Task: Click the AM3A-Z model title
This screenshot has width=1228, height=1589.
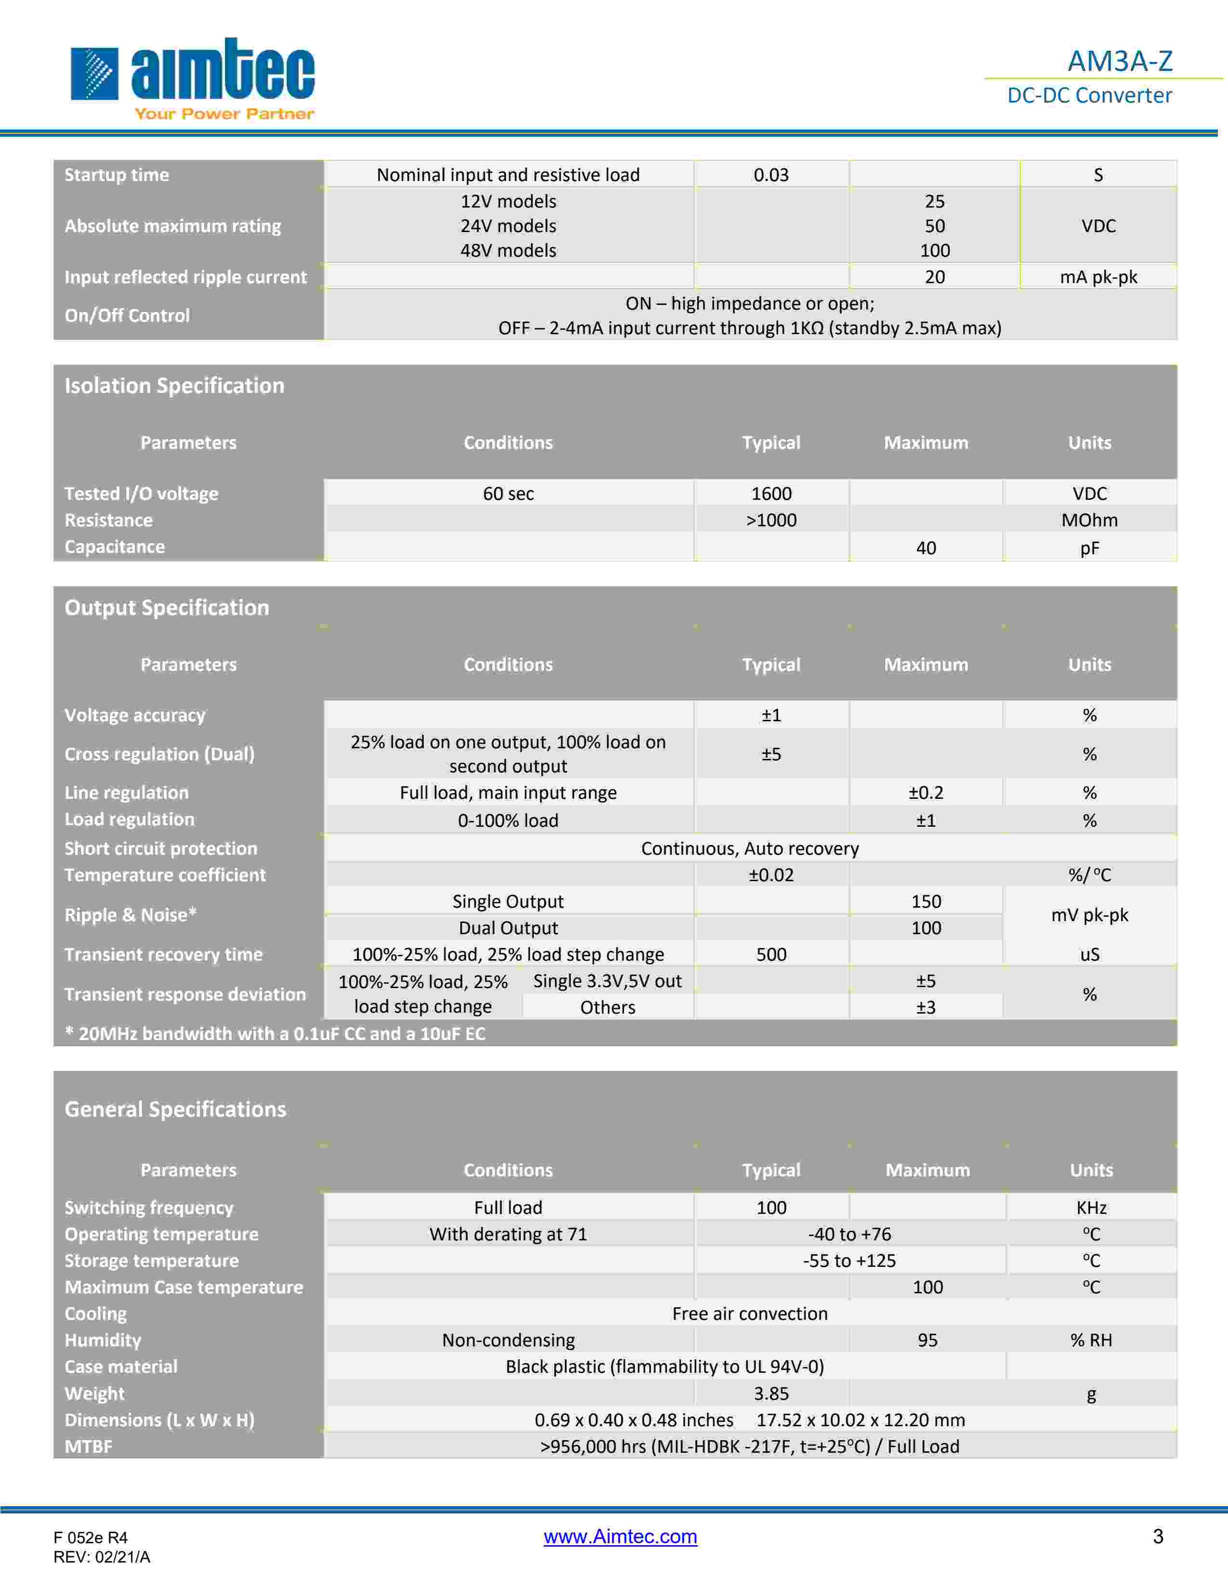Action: tap(1120, 61)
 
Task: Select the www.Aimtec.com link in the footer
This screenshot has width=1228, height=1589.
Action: tap(620, 1536)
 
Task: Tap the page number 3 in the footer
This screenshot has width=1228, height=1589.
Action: tap(1157, 1536)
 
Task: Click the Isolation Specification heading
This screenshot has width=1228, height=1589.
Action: tap(175, 386)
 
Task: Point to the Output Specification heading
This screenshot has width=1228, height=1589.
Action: tap(167, 608)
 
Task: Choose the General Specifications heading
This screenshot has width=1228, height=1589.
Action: tap(175, 1109)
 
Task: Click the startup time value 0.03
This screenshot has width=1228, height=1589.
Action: tap(771, 175)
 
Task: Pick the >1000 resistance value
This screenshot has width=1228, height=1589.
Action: tap(771, 520)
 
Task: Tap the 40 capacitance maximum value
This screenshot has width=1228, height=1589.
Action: tap(926, 548)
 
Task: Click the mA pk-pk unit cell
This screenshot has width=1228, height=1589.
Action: tap(1098, 277)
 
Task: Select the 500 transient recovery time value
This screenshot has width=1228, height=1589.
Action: tap(771, 954)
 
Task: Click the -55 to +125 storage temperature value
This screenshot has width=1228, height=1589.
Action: tap(849, 1261)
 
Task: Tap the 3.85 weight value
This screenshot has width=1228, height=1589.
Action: tap(771, 1394)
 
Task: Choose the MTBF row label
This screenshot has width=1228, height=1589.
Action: tap(89, 1446)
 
